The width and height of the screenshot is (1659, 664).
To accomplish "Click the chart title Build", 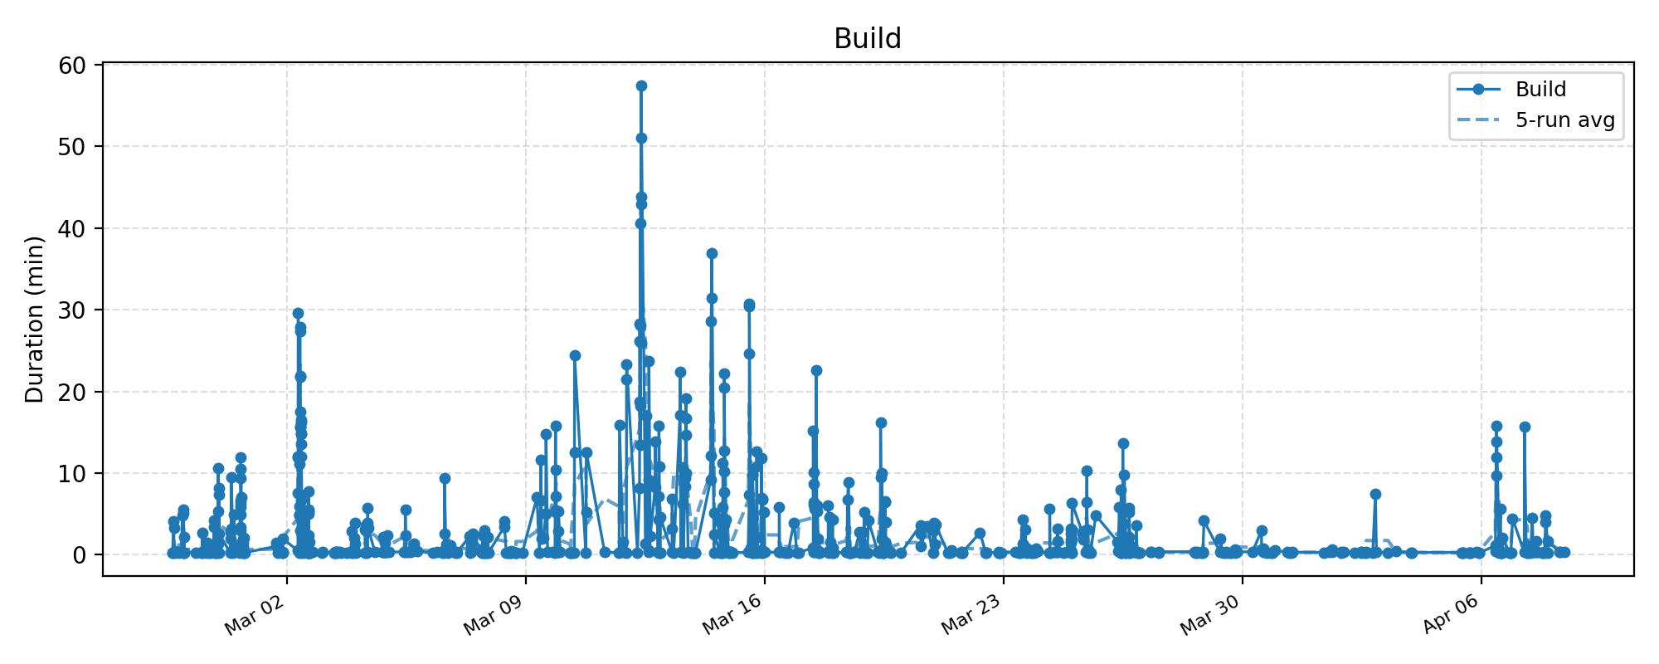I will [867, 39].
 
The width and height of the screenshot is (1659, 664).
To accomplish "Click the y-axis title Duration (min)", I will [34, 320].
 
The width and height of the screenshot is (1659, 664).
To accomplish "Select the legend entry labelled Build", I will [1540, 90].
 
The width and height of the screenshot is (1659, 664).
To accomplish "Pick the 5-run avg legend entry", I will [1564, 120].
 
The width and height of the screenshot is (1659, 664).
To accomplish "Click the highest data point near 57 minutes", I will [641, 85].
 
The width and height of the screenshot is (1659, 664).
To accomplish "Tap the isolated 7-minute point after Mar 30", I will [1375, 494].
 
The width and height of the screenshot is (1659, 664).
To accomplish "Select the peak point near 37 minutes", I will [712, 253].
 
